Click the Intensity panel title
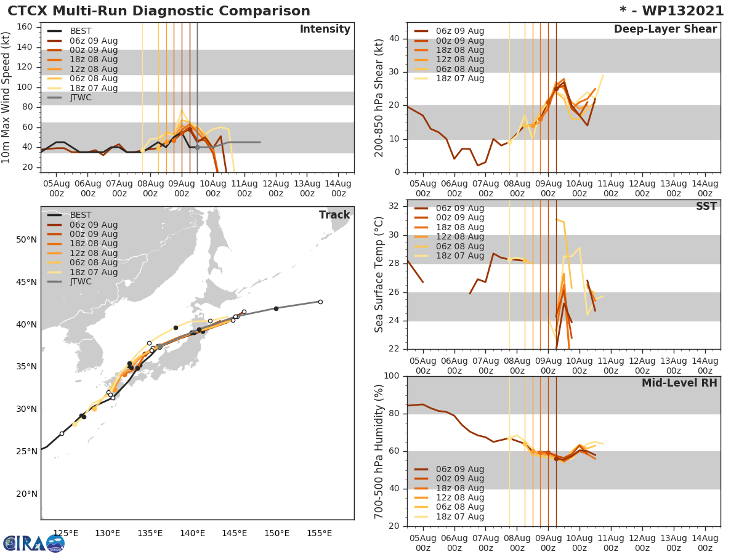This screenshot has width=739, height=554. [325, 30]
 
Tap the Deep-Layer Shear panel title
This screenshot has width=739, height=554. [665, 30]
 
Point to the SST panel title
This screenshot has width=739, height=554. [706, 207]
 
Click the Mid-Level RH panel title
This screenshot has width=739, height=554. [679, 383]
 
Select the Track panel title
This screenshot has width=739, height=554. [334, 215]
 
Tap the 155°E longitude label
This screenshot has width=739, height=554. [320, 534]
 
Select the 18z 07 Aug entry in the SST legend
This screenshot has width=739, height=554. [459, 256]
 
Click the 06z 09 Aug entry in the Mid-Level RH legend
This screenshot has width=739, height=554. [459, 469]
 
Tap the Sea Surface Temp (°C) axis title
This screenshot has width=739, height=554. [379, 275]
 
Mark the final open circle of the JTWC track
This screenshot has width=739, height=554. [320, 302]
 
